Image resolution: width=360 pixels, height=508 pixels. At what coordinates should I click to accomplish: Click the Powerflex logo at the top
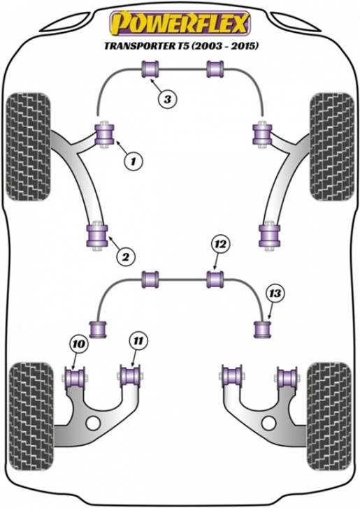pos(180,22)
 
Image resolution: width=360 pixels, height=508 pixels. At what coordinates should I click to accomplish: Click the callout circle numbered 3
pos(167,99)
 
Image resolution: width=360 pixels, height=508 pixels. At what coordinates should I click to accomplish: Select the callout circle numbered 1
pos(134,160)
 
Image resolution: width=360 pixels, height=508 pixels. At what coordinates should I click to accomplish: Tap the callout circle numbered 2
pos(125,256)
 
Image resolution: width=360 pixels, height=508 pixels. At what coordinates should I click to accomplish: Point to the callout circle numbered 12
pos(220,245)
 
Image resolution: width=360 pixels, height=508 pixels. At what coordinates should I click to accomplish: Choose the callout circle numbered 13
pos(275,293)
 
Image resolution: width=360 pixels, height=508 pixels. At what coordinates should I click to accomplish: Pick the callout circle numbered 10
pos(79,344)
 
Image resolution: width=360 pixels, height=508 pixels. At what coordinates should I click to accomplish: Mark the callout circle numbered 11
pos(138,340)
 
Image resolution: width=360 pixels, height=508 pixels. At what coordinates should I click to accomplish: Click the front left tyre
pos(29,147)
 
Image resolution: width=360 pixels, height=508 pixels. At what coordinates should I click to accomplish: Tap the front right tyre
pos(332,147)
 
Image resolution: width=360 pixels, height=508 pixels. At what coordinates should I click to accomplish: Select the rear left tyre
pos(31,416)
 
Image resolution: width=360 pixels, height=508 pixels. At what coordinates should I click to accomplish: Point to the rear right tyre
pos(329,416)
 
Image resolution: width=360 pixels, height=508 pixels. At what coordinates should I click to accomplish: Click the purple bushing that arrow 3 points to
pos(150,69)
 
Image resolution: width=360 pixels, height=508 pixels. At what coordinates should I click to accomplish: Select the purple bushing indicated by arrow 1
pos(105,134)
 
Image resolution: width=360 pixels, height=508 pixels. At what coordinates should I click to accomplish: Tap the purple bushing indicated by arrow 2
pos(97,235)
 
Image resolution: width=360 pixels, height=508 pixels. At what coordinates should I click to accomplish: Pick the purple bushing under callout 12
pos(215,280)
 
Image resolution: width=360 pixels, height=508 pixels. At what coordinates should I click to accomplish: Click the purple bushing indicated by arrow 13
pos(262,329)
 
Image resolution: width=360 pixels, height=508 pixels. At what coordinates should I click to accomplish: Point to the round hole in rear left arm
pos(94,423)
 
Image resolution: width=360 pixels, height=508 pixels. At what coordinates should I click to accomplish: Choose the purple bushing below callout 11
pos(130,376)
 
